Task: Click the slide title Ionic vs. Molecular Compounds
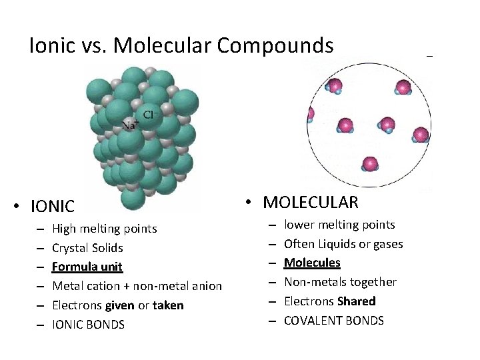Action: click(x=181, y=45)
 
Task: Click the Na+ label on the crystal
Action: click(x=130, y=125)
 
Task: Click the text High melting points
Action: click(x=105, y=229)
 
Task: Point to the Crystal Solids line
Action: click(x=87, y=248)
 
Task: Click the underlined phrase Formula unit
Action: click(x=87, y=267)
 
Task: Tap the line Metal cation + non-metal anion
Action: click(x=137, y=286)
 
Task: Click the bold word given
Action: click(x=120, y=305)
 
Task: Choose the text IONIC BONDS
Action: click(x=88, y=325)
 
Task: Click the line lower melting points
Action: click(x=339, y=225)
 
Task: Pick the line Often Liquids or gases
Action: click(x=343, y=244)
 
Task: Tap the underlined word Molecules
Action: click(x=312, y=263)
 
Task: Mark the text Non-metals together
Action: click(x=340, y=282)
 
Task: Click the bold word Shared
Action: click(x=357, y=301)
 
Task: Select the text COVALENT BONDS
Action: click(x=334, y=321)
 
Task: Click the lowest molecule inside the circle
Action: click(x=370, y=164)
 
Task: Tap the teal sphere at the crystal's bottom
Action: click(x=133, y=198)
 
